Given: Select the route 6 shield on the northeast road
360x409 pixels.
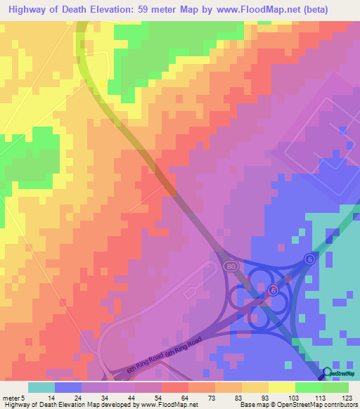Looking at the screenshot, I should (310, 259).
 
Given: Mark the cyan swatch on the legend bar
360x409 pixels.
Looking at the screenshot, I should (41, 387).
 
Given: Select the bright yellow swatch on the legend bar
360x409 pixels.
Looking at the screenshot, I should (282, 387).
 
